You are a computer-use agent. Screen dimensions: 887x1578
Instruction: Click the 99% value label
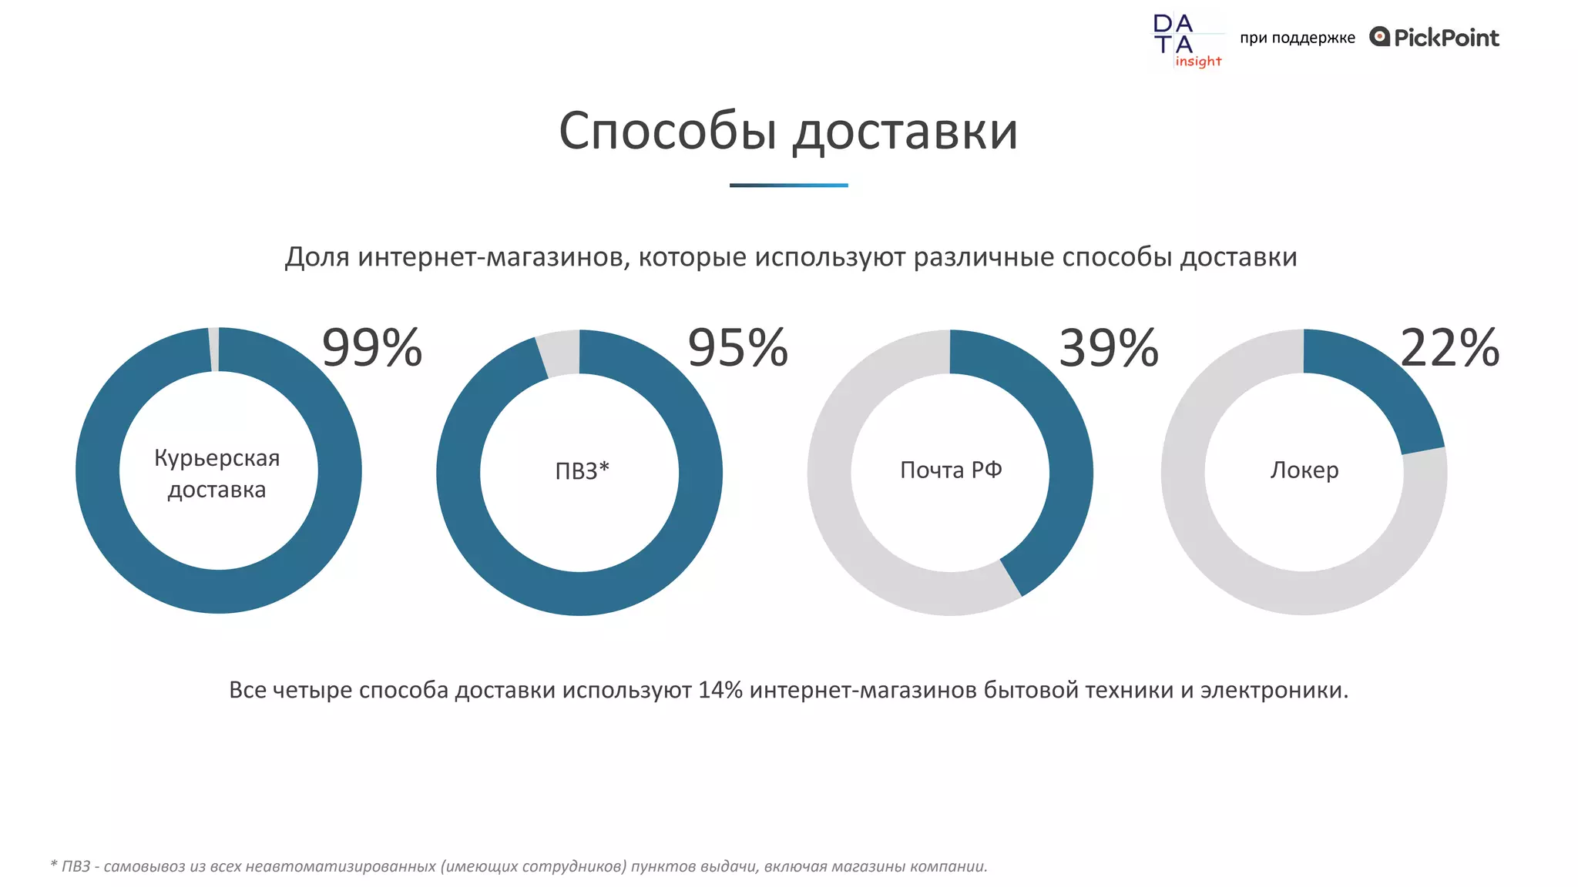pyautogui.click(x=372, y=348)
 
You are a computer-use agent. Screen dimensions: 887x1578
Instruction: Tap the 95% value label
pyautogui.click(x=738, y=348)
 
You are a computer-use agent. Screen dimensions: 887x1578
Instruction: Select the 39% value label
pyautogui.click(x=1109, y=348)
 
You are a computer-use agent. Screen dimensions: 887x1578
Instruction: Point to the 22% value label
pyautogui.click(x=1449, y=348)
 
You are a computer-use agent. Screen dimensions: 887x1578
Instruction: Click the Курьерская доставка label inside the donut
pyautogui.click(x=217, y=473)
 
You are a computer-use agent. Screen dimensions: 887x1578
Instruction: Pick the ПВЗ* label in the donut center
pyautogui.click(x=582, y=470)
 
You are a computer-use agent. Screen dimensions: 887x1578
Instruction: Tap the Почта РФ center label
pyautogui.click(x=951, y=470)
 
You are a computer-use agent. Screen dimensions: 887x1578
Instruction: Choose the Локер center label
pyautogui.click(x=1304, y=470)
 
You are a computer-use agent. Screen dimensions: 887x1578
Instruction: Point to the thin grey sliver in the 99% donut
pyautogui.click(x=213, y=350)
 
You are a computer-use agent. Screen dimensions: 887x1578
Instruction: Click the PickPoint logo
pyautogui.click(x=1435, y=37)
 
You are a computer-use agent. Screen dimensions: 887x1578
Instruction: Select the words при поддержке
pyautogui.click(x=1297, y=38)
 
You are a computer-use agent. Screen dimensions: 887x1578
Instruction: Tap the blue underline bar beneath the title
pyautogui.click(x=788, y=186)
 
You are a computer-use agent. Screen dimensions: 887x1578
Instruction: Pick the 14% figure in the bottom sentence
pyautogui.click(x=720, y=690)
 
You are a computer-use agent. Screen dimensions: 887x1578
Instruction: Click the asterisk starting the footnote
pyautogui.click(x=54, y=864)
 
